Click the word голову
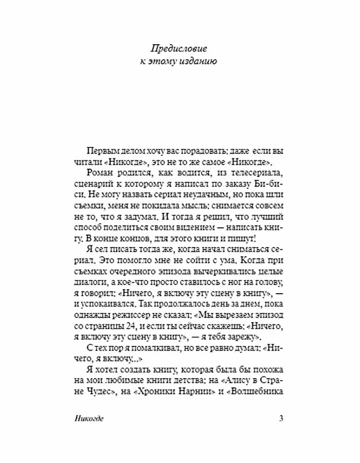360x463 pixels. pyautogui.click(x=269, y=277)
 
